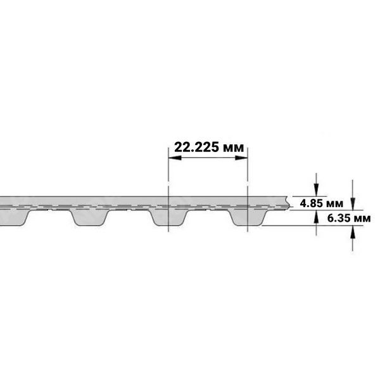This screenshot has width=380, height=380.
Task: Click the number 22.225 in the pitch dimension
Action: coord(197,147)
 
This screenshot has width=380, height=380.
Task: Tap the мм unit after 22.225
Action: coord(233,148)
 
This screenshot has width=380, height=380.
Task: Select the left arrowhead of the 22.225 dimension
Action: coord(175,158)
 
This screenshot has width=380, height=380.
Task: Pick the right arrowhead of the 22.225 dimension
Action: coord(241,158)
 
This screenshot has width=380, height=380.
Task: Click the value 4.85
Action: coord(312,203)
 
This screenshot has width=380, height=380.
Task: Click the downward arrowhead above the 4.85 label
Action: coord(316,190)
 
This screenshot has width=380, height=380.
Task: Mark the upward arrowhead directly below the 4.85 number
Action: coord(316,217)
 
